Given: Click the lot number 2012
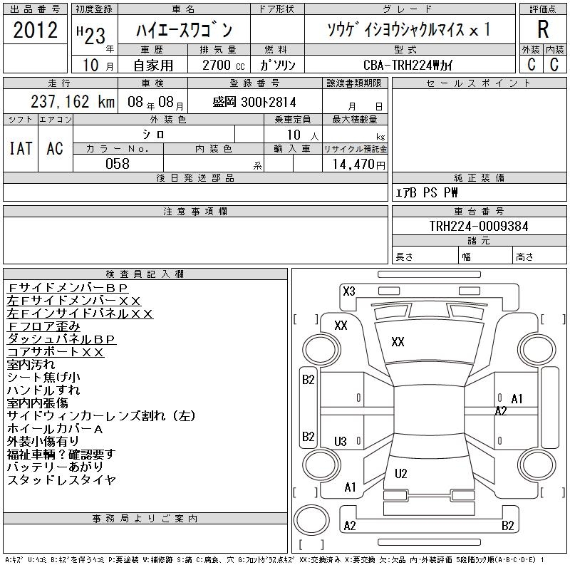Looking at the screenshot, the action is [x=35, y=31].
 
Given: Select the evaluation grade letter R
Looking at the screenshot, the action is [x=542, y=31].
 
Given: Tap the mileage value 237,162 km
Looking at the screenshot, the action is [x=72, y=102].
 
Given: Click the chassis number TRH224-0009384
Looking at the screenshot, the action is [x=478, y=226].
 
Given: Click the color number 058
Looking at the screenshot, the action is [x=118, y=164].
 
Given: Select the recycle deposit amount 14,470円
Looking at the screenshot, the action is [x=354, y=164].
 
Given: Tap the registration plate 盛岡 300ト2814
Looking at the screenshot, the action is [x=254, y=102].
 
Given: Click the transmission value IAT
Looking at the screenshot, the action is [x=20, y=148].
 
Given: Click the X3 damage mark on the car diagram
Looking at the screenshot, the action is [x=349, y=291].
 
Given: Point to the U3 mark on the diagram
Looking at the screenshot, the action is [x=340, y=442].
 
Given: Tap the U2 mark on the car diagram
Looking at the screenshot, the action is [x=400, y=473].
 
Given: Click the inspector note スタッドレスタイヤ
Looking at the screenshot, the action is [x=61, y=480].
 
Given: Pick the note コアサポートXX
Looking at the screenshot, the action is [x=56, y=352].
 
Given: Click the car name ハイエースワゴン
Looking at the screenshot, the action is [x=184, y=31].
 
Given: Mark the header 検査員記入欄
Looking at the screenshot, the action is [x=145, y=274].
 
